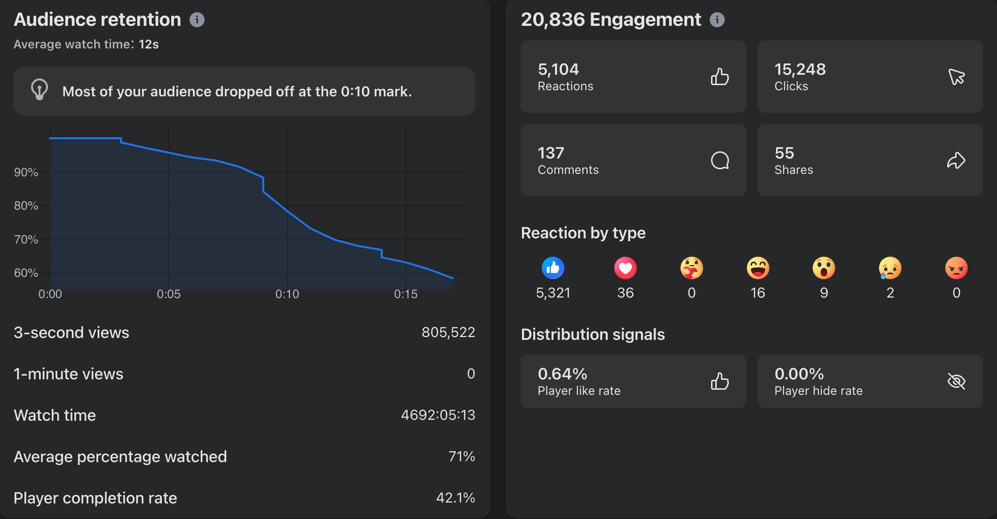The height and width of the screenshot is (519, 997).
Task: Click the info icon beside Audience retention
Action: point(197,20)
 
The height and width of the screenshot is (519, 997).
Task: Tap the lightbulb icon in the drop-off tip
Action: point(40,89)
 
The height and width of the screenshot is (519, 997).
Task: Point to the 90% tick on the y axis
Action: point(26,173)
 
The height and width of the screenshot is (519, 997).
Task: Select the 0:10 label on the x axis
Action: point(287,294)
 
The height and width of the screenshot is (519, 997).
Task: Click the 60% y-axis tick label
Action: point(26,273)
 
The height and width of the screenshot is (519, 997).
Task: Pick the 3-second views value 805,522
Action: point(448,332)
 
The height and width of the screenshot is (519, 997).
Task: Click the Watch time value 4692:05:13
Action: point(437,415)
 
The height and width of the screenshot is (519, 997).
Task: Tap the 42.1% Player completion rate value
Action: point(455,498)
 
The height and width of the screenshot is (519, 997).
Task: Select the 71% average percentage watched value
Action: point(461,456)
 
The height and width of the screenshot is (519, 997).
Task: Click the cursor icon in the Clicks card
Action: point(956,77)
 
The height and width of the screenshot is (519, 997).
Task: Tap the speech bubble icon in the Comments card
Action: point(720,160)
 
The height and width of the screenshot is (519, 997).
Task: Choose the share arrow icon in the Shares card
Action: point(956,160)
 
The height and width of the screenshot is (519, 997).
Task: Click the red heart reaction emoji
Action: point(625,268)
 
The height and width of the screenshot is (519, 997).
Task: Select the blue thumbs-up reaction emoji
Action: point(553,268)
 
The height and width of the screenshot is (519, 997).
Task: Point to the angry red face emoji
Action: point(956,268)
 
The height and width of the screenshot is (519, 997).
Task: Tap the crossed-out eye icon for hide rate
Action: point(956,381)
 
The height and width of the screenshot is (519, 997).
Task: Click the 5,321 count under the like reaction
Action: point(553,293)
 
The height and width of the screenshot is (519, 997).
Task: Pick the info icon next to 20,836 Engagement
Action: point(717,20)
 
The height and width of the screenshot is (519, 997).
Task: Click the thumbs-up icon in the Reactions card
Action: point(720,77)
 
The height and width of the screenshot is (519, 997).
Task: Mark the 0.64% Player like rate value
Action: point(562,374)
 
